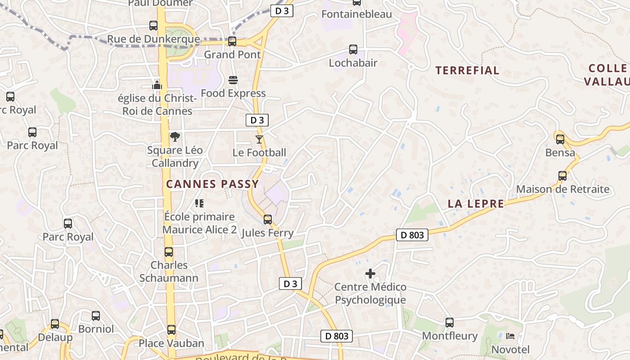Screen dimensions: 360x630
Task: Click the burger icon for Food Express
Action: (233, 80)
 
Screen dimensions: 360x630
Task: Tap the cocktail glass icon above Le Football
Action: (259, 139)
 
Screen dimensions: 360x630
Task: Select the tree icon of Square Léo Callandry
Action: (175, 137)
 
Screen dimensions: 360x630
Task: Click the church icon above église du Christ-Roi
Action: (157, 85)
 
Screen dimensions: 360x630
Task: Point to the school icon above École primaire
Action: (199, 203)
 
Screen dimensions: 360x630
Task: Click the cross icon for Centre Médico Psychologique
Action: (370, 274)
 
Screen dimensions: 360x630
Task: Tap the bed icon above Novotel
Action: (510, 336)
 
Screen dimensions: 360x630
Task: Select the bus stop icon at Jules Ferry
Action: (268, 220)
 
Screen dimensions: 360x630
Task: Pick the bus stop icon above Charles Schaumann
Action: (169, 252)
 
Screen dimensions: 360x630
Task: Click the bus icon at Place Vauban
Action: (171, 330)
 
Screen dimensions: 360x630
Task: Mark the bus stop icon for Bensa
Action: (560, 139)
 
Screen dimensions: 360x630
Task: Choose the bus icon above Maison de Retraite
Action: (562, 176)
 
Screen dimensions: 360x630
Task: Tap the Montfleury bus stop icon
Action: (450, 323)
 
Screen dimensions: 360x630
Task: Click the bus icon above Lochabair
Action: (353, 49)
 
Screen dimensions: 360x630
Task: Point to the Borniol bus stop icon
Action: (96, 316)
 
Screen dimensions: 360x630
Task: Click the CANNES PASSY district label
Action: (212, 184)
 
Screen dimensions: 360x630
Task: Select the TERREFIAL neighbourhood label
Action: (467, 71)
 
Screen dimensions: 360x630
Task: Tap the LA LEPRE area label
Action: (476, 204)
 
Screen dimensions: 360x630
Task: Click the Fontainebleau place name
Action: (356, 14)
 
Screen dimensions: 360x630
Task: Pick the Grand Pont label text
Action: (232, 55)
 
